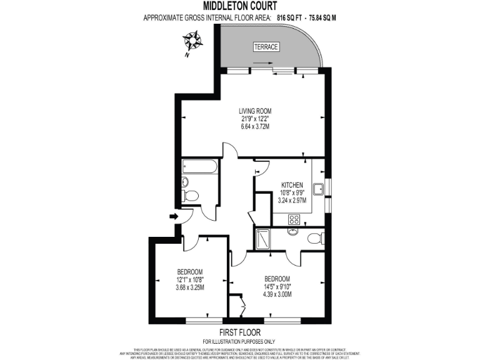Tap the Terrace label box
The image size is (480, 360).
[266, 47]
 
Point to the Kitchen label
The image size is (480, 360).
[292, 185]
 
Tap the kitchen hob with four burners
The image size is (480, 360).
[293, 219]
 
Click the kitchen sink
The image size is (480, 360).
[317, 187]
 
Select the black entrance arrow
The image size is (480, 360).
[174, 216]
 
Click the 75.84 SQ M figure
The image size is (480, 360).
[321, 17]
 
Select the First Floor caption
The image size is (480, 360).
[239, 332]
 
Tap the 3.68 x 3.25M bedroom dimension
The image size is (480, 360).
[189, 287]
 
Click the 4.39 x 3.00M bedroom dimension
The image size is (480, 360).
[277, 294]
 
